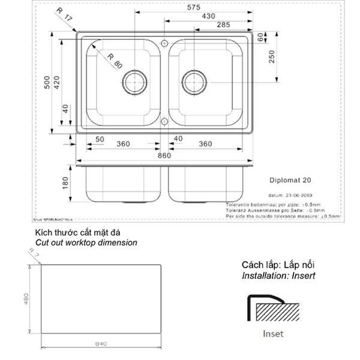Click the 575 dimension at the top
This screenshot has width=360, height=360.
[x=193, y=7]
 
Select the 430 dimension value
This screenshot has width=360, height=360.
[x=209, y=16]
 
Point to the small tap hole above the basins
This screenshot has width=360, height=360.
[x=164, y=42]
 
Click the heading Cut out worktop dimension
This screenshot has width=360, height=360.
[x=86, y=243]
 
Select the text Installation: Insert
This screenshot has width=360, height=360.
[x=278, y=276]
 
